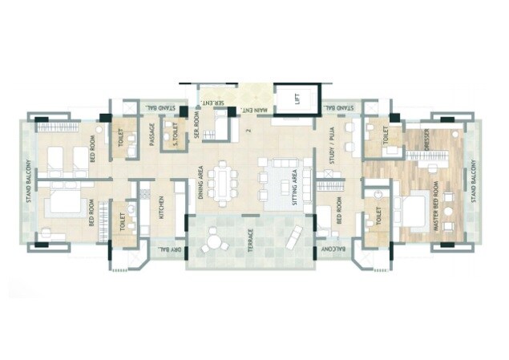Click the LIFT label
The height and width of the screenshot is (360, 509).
tap(297, 99)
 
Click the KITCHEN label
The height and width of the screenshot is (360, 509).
tap(161, 207)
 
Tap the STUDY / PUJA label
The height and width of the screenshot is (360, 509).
tap(330, 140)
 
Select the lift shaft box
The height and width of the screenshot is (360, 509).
tap(297, 99)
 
